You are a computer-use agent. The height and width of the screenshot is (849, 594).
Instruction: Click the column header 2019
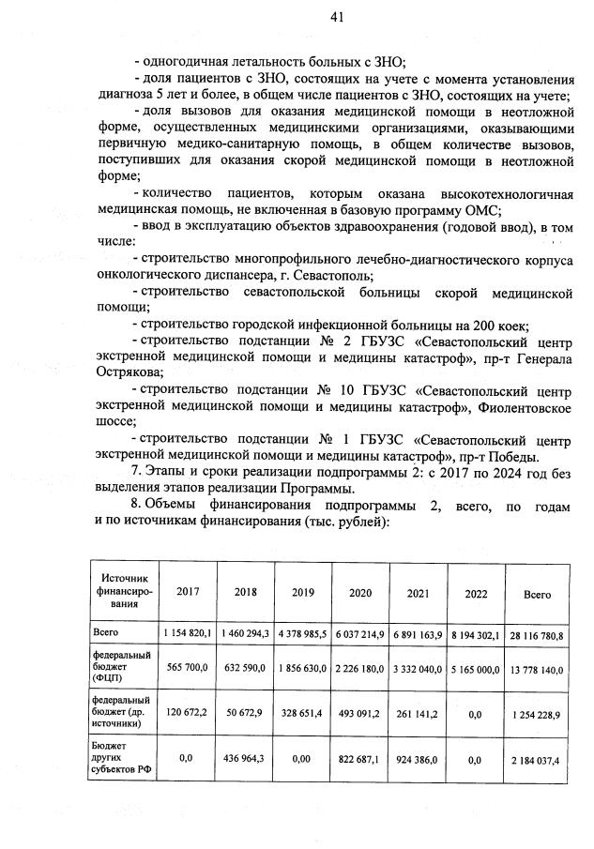coord(302,593)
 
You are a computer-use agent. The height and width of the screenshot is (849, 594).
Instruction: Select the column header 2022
coord(475,593)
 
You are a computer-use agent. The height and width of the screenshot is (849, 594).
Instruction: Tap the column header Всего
coord(537,594)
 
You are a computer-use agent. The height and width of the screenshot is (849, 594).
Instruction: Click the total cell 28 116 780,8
coord(537,635)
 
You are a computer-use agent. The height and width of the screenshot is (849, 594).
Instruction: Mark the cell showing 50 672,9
coord(245,713)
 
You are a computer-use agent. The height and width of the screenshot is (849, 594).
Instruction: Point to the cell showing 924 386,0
coord(418,759)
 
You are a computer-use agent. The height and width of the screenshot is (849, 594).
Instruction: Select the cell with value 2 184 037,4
coord(537,759)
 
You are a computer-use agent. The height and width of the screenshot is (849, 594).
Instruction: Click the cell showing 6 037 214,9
coord(360,635)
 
